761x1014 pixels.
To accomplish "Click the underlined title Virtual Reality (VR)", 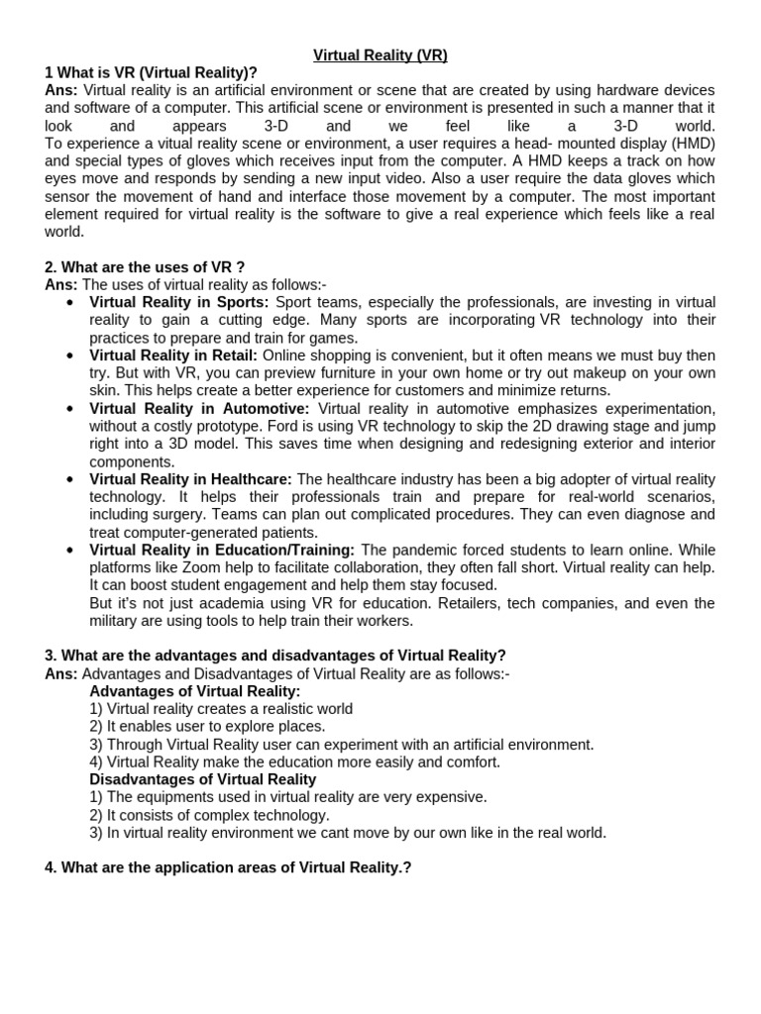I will [x=380, y=55].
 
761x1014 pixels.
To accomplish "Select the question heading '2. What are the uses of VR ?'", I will [x=145, y=267].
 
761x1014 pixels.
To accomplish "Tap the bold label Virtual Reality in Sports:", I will [x=179, y=302].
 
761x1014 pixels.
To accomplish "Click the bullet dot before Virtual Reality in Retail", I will [x=69, y=355].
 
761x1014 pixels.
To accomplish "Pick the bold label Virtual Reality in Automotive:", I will [x=199, y=409].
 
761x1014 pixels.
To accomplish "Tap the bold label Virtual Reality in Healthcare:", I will [x=190, y=479].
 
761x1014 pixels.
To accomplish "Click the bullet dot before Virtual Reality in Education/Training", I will [x=69, y=551].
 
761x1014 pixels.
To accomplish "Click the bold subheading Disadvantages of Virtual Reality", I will [x=203, y=779].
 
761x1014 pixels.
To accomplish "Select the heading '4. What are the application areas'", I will [x=228, y=867].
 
